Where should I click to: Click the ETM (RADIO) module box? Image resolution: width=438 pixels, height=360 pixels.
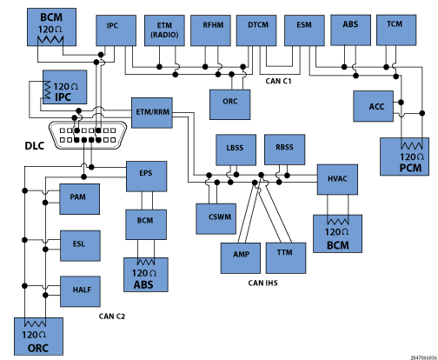(164, 30)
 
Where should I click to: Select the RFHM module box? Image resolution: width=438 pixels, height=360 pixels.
(210, 30)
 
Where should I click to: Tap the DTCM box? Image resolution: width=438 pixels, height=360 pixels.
(256, 30)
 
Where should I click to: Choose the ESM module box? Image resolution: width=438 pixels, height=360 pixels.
(304, 30)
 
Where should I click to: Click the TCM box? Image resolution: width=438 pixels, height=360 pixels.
(396, 30)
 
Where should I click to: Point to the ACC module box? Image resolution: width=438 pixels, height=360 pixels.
(374, 106)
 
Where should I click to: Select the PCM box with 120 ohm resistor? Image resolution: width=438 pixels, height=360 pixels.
(405, 157)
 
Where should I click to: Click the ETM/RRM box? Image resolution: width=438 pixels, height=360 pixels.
(152, 113)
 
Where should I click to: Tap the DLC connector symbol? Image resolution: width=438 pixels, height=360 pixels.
(88, 135)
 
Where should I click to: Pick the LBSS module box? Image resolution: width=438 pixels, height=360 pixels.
(236, 150)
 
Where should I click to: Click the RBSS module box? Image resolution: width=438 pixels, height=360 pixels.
(285, 150)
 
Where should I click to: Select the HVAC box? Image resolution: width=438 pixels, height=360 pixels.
(337, 179)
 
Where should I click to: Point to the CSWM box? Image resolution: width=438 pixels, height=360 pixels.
(216, 219)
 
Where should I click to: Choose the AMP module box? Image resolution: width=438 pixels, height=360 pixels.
(241, 258)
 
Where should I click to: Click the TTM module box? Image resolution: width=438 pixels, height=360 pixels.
(286, 258)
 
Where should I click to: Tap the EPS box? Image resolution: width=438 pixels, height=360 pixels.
(147, 177)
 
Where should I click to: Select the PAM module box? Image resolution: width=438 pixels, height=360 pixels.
(80, 199)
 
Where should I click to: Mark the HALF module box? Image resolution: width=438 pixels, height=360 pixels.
(81, 291)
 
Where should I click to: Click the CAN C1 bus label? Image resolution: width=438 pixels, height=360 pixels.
(278, 81)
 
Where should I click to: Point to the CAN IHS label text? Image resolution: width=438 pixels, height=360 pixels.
(262, 283)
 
